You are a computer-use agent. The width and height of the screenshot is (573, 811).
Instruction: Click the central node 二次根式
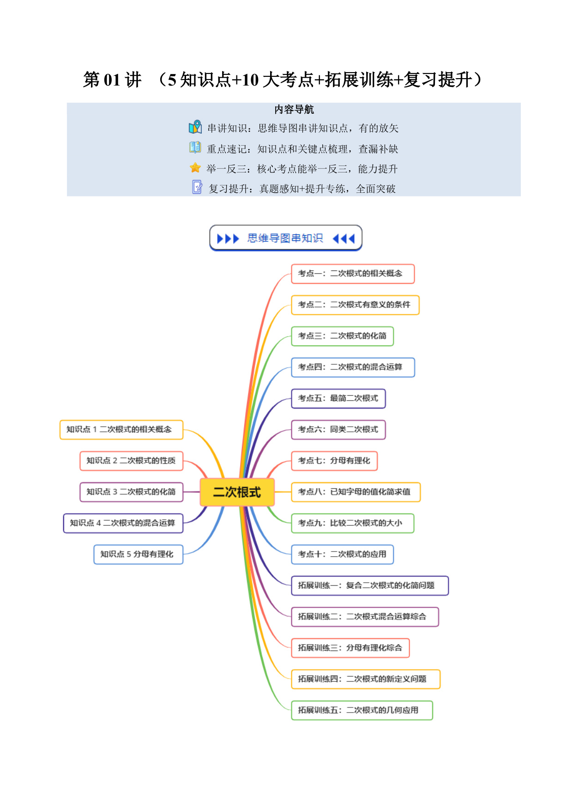tap(237, 492)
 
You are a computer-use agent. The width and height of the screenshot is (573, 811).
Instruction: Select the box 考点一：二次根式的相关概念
tap(353, 274)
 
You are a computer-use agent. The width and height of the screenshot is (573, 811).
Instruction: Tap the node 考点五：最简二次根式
tap(338, 399)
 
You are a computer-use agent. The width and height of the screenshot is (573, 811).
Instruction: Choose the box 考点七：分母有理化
tap(334, 461)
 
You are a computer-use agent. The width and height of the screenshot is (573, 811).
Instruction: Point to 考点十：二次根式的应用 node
tap(342, 554)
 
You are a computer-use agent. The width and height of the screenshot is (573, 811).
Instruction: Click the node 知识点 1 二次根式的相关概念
tap(121, 430)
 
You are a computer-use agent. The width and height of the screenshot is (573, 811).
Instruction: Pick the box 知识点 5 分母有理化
tap(139, 554)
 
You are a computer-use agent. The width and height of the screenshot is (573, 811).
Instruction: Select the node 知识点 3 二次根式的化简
tap(132, 492)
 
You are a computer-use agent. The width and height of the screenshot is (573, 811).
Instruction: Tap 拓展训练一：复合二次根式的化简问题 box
tap(370, 585)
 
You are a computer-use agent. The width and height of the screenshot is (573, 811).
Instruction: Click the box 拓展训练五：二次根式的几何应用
tap(362, 710)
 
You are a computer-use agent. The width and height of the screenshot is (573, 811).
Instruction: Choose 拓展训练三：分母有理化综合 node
tap(350, 648)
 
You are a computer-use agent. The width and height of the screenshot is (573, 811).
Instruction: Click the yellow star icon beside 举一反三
tap(195, 167)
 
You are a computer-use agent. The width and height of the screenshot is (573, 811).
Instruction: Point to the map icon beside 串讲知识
tap(195, 127)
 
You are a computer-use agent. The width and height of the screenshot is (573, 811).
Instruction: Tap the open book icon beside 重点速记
tap(195, 147)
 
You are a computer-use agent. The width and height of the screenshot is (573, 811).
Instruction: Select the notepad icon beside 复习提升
tap(197, 187)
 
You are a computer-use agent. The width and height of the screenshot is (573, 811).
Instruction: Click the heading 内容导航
tap(294, 110)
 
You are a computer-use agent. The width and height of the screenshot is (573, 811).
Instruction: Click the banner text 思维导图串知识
tap(285, 238)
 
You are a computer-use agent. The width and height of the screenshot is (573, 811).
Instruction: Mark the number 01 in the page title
tap(112, 80)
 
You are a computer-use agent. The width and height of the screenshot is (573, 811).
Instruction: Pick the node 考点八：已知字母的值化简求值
tap(356, 492)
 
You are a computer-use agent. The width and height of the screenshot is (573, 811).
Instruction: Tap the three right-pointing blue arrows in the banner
tap(228, 239)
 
